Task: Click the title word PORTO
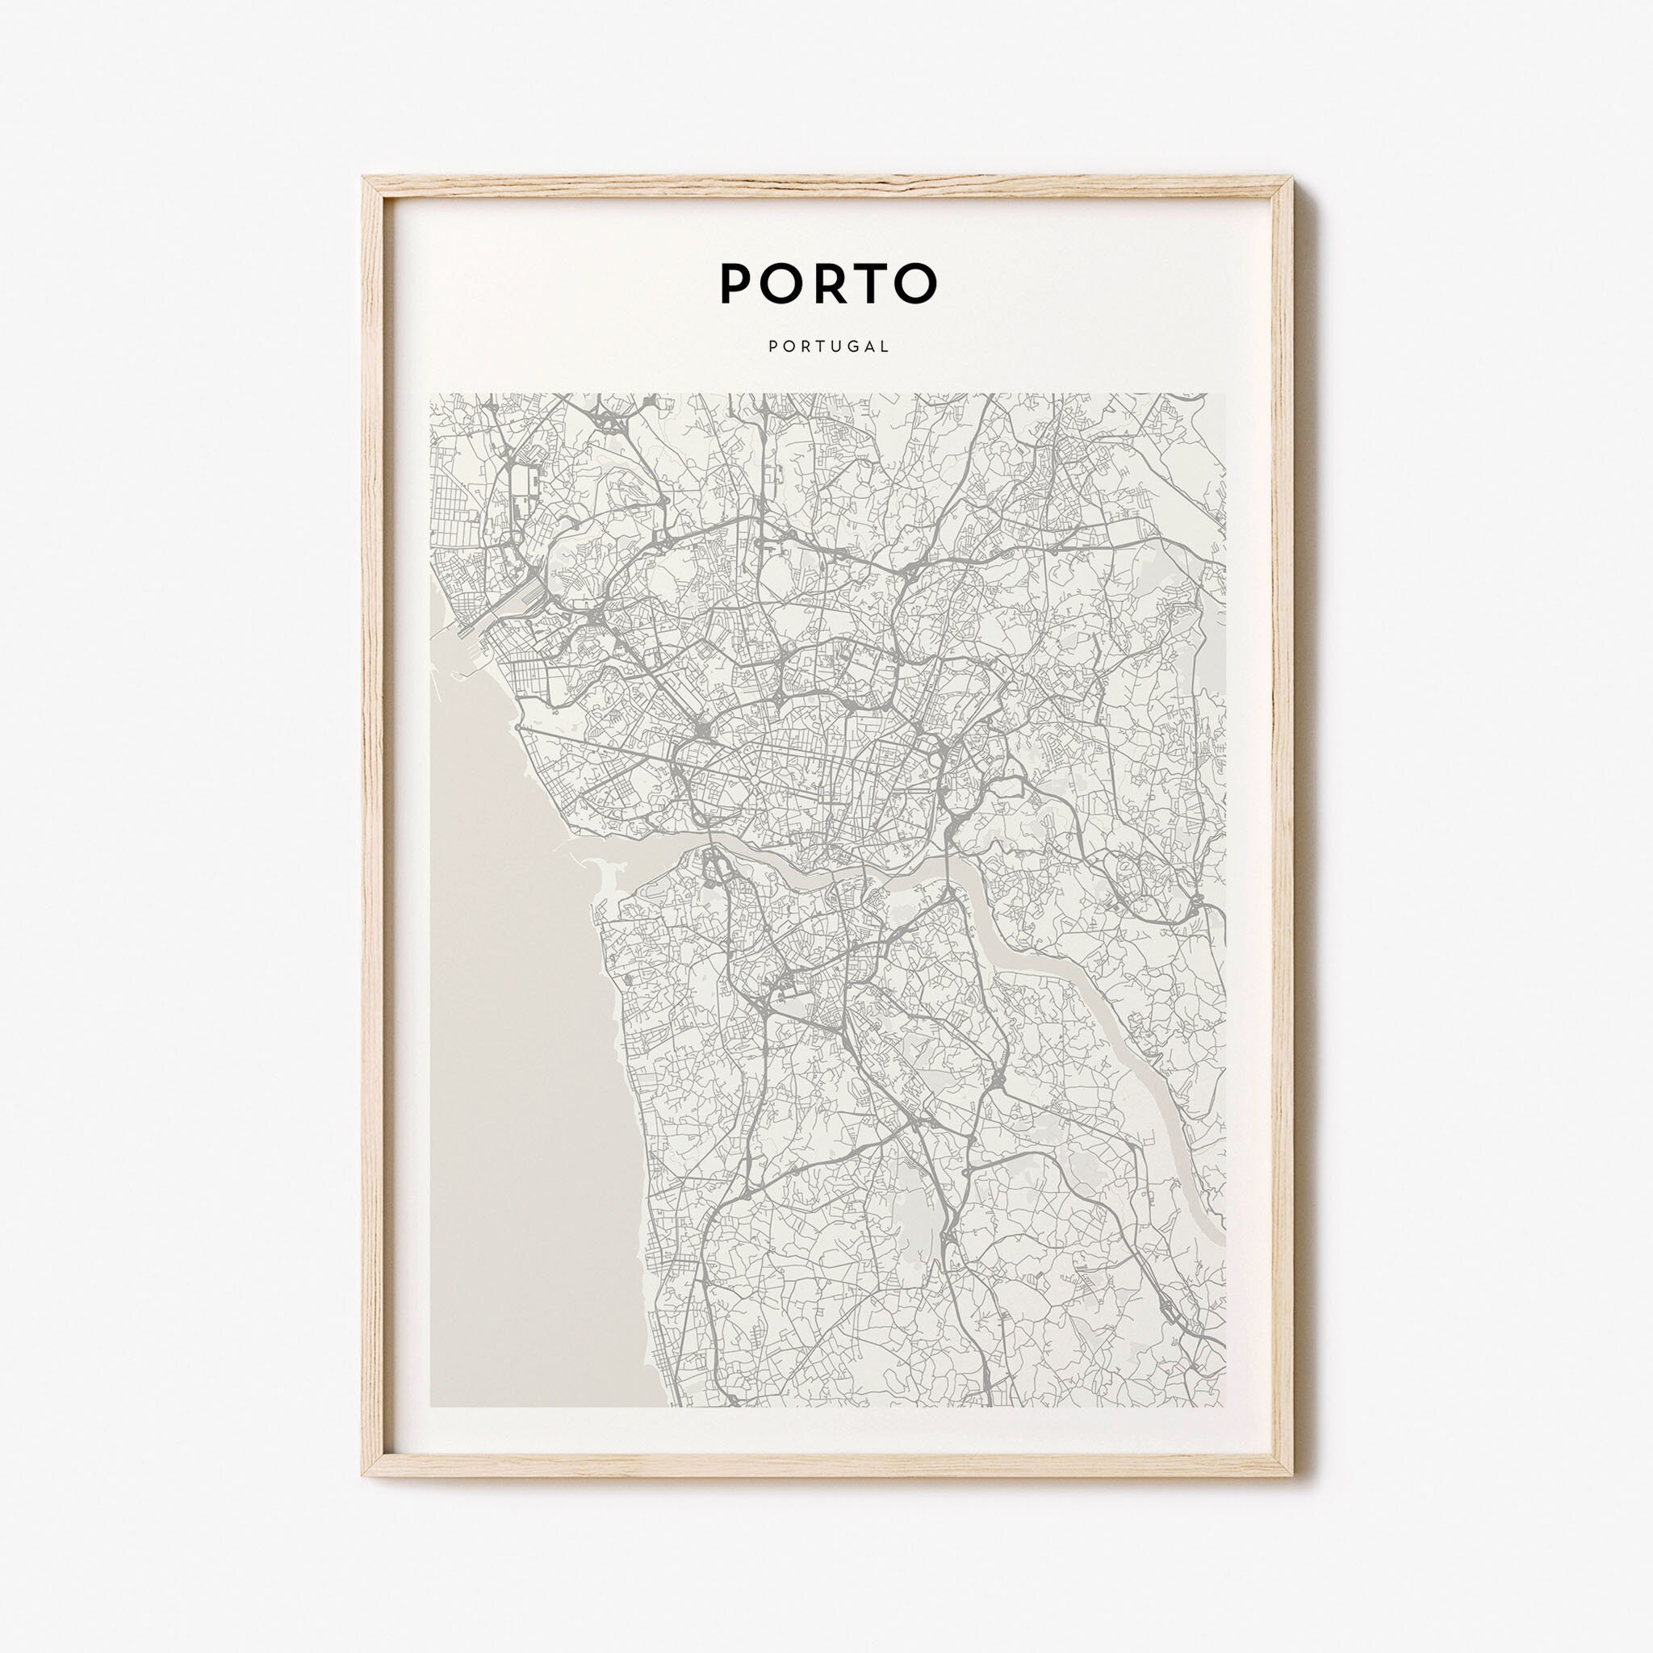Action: (x=828, y=282)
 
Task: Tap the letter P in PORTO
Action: (x=736, y=282)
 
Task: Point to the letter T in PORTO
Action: (x=870, y=282)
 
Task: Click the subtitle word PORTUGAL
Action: (x=828, y=346)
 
